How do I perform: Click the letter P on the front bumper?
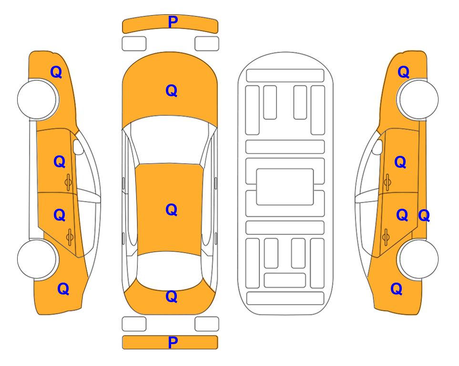point(173,22)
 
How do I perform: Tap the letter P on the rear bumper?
point(173,342)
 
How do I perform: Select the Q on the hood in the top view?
point(172,91)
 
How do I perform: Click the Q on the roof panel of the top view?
point(172,210)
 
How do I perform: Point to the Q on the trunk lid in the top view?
point(172,296)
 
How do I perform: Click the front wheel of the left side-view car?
point(37,100)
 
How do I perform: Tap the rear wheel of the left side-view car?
point(37,259)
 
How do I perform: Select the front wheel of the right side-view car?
point(418,100)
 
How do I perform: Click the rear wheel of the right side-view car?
point(418,259)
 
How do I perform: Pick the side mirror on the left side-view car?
point(78,147)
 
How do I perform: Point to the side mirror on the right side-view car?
point(377,147)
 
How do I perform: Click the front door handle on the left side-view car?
point(68,182)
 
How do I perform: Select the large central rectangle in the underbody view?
point(285,187)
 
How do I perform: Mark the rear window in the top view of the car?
point(170,269)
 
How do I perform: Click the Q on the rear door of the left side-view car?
point(60,215)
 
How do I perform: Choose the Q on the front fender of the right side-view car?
point(403,72)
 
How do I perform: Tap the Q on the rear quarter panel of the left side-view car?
point(63,289)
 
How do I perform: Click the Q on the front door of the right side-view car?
point(400,162)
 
